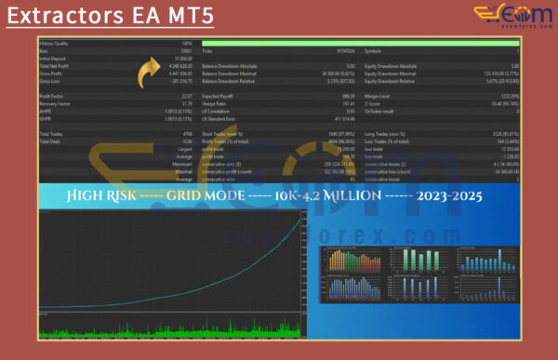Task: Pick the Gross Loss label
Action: pos(50,81)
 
